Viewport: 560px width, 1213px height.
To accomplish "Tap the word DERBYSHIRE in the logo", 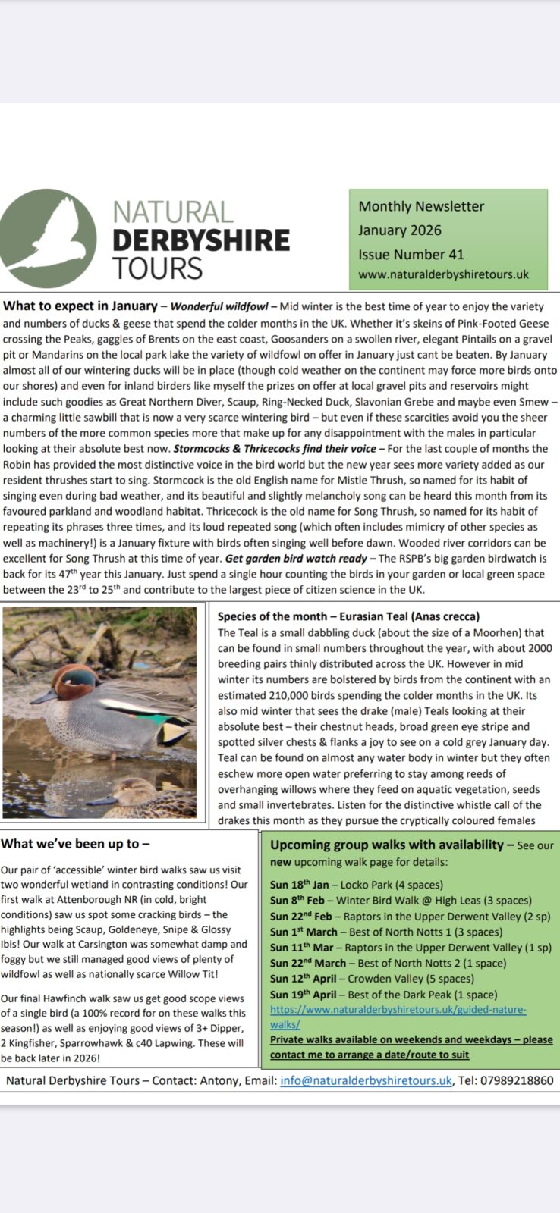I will [x=201, y=240].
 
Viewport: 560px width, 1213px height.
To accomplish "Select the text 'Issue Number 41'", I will [x=411, y=255].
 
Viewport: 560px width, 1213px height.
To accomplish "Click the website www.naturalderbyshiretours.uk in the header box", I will [x=443, y=274].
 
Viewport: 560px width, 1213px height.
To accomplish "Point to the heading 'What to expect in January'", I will [x=80, y=307].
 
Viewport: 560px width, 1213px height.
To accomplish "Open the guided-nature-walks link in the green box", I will [x=398, y=1010].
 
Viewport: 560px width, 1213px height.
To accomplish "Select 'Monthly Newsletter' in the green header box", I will [x=421, y=206].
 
